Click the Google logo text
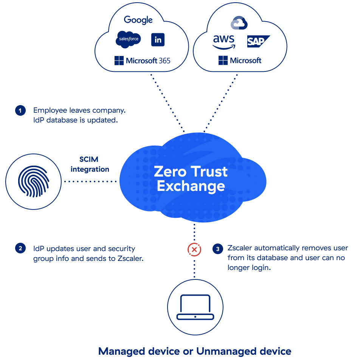pos(138,20)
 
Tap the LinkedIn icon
pos(158,39)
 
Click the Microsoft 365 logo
pos(142,61)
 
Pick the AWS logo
pos(223,42)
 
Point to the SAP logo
pos(258,41)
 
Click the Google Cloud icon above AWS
pos(239,23)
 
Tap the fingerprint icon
pos(34,182)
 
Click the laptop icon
pos(195,307)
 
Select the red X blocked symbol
pos(194,250)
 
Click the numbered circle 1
pos(20,110)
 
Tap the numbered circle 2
pos(20,248)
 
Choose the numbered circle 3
pos(217,249)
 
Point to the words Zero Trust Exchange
pos(191,178)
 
